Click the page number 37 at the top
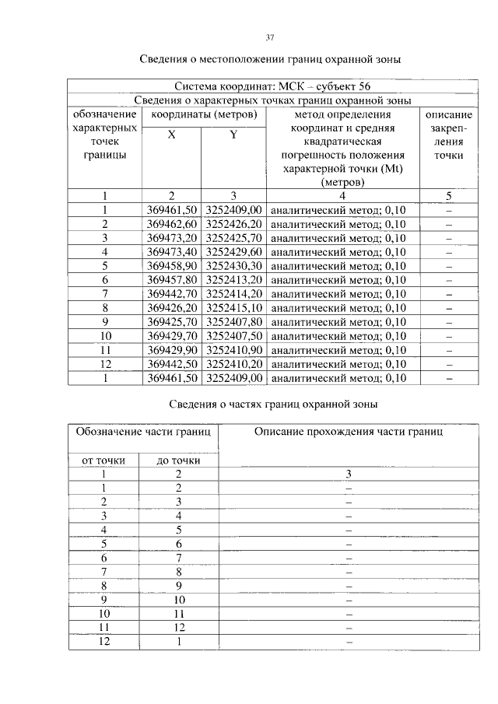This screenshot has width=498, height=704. [269, 37]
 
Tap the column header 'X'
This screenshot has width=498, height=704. [171, 135]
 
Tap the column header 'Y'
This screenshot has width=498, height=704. [233, 135]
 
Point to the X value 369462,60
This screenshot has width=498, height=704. [171, 224]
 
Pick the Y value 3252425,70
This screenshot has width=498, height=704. [233, 238]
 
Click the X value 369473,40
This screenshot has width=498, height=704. [171, 252]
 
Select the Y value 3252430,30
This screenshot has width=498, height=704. [233, 266]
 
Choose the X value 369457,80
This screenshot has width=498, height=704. [171, 280]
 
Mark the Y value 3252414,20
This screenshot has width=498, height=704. [233, 294]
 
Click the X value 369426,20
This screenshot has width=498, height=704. [171, 308]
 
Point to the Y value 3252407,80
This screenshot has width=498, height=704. [233, 322]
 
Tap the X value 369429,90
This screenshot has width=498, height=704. [171, 350]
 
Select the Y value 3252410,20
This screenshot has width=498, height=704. [233, 364]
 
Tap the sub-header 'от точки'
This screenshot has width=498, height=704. [103, 460]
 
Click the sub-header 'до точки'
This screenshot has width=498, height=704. [178, 460]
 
